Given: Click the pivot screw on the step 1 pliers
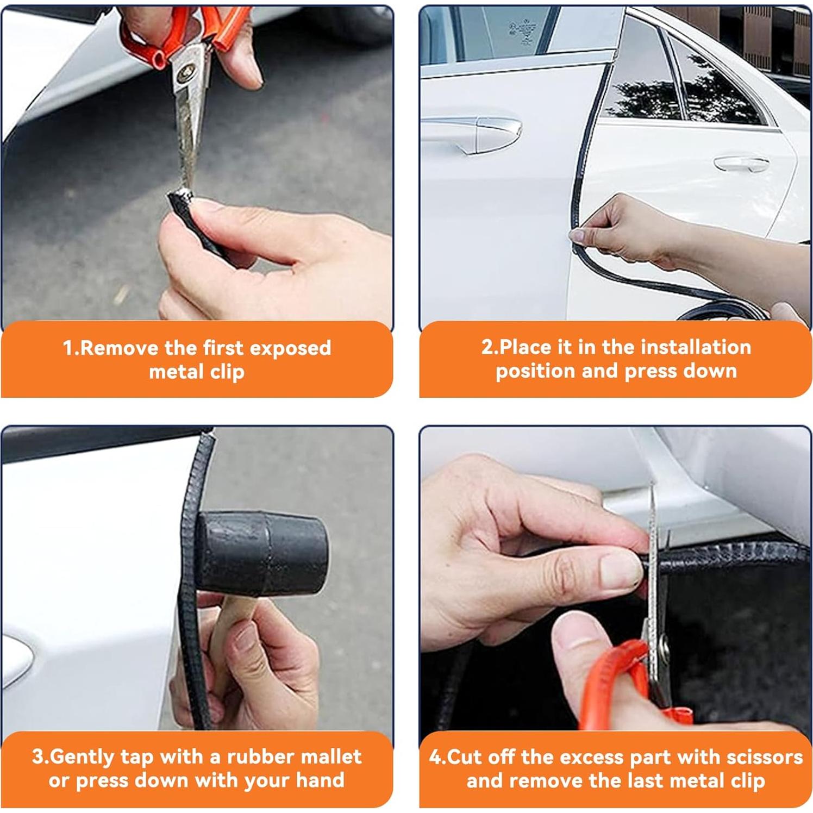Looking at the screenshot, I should pos(191,70).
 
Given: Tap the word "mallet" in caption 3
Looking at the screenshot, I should pos(331,756).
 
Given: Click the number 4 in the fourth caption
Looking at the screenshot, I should pos(435,756).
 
